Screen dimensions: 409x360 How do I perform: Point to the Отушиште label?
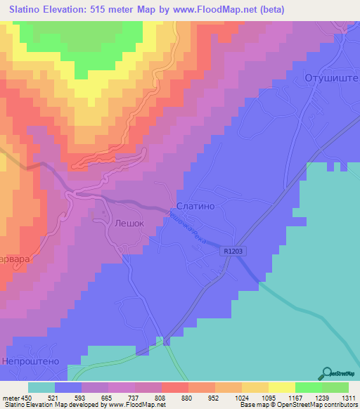(x=331, y=77)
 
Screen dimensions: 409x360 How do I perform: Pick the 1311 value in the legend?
(x=348, y=397)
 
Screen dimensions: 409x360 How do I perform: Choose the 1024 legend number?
(x=241, y=397)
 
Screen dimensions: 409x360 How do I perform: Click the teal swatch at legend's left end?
(x=41, y=387)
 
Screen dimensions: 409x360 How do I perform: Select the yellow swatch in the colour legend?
(x=282, y=387)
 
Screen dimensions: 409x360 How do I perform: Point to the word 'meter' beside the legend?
(x=11, y=397)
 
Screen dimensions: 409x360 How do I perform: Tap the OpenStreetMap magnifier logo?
(x=326, y=373)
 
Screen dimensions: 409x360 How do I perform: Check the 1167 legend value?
(x=295, y=397)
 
